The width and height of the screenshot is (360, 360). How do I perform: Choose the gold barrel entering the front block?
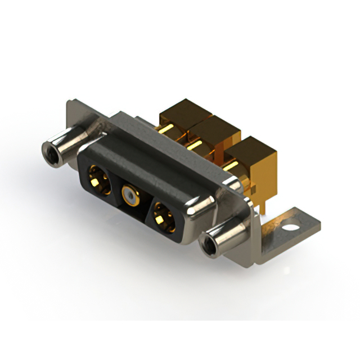(234, 169)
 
